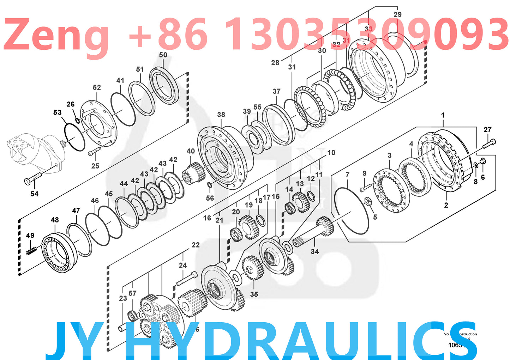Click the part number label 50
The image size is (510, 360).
click(163, 55)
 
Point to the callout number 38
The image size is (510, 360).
click(221, 115)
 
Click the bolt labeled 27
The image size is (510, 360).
click(489, 144)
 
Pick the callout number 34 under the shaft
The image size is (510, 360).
click(314, 251)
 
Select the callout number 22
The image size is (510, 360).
click(196, 245)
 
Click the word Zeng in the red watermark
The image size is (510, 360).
click(56, 35)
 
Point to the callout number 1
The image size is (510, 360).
click(443, 115)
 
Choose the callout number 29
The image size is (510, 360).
click(397, 14)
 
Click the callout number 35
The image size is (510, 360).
click(254, 294)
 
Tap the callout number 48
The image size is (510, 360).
click(55, 220)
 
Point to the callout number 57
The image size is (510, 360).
click(132, 293)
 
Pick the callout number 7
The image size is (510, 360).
click(347, 175)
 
